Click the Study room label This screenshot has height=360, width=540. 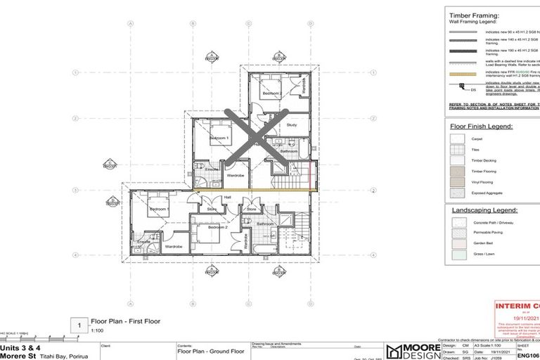292,125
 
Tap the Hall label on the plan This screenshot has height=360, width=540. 227,198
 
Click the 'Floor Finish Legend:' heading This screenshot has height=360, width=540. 482,127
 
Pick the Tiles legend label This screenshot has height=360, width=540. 476,150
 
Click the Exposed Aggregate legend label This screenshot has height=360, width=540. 487,192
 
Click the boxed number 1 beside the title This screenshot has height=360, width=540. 80,325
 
